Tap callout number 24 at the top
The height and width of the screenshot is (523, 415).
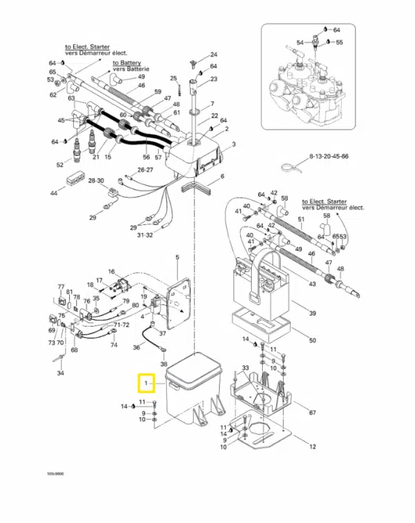coord(214,55)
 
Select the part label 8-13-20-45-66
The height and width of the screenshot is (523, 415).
coord(329,157)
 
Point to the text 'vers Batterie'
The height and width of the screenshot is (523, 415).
coord(130,69)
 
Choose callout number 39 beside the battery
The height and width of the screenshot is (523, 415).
coord(312,314)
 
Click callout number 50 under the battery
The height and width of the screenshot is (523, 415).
coord(312,341)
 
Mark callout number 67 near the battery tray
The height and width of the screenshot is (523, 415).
coord(312,413)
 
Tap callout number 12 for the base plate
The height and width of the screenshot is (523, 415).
coord(312,446)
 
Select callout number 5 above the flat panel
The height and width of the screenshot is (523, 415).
coord(177,257)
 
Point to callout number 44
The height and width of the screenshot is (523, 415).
coord(53,193)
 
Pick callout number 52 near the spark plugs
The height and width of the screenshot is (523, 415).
coord(59,165)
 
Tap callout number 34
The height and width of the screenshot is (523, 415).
coord(60,374)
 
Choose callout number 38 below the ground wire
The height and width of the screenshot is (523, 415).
coord(164,364)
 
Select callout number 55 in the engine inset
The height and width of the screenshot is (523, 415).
coord(339,42)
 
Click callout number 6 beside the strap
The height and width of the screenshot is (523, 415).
coord(223,177)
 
